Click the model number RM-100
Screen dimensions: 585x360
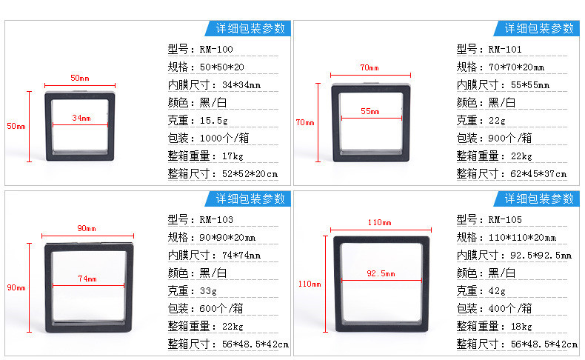tap(216, 49)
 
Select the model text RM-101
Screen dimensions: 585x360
tap(505, 49)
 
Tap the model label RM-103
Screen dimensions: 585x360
tap(216, 220)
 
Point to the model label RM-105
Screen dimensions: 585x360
tap(505, 220)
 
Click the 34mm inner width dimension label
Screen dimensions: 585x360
tap(81, 118)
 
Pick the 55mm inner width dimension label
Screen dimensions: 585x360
tap(370, 111)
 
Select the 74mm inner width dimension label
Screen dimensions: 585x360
tap(87, 279)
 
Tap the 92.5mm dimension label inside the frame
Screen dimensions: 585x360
tap(381, 273)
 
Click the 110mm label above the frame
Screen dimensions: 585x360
tap(379, 222)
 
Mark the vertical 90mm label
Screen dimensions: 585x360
tap(16, 287)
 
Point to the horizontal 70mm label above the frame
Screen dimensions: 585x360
tap(370, 67)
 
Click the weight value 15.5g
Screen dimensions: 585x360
tap(214, 121)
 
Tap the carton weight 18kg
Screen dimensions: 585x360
tap(521, 327)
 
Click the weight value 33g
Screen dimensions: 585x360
tap(208, 291)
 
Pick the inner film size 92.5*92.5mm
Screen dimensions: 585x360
tap(541, 256)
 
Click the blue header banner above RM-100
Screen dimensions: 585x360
tap(248, 28)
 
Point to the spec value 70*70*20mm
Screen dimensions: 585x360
tap(516, 67)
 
